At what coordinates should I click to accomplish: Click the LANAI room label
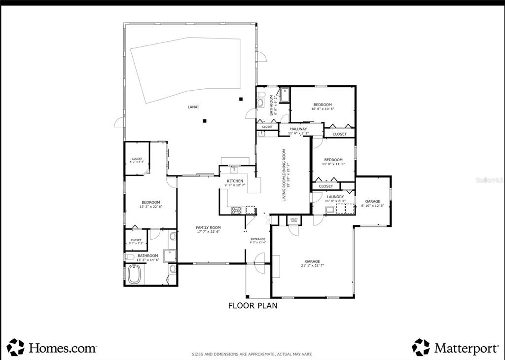[x=193, y=107]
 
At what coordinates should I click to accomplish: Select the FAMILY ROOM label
[x=208, y=229]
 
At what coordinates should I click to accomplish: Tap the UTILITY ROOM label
[x=294, y=220]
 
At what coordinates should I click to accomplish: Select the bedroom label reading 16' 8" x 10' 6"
[x=323, y=107]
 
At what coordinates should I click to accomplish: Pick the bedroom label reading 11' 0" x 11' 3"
[x=333, y=162]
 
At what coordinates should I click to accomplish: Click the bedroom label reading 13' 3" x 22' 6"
[x=150, y=205]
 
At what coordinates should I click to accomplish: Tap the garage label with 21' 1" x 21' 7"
[x=312, y=263]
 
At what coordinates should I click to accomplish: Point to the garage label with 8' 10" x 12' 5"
[x=372, y=203]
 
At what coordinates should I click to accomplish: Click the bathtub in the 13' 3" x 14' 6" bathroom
[x=135, y=275]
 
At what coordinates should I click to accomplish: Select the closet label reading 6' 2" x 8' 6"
[x=137, y=160]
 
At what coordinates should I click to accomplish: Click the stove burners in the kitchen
[x=237, y=211]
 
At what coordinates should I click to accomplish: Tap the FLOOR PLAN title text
[x=252, y=306]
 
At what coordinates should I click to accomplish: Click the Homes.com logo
[x=51, y=348]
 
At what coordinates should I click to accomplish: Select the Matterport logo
[x=455, y=348]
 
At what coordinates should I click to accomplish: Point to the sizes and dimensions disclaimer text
[x=252, y=354]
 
